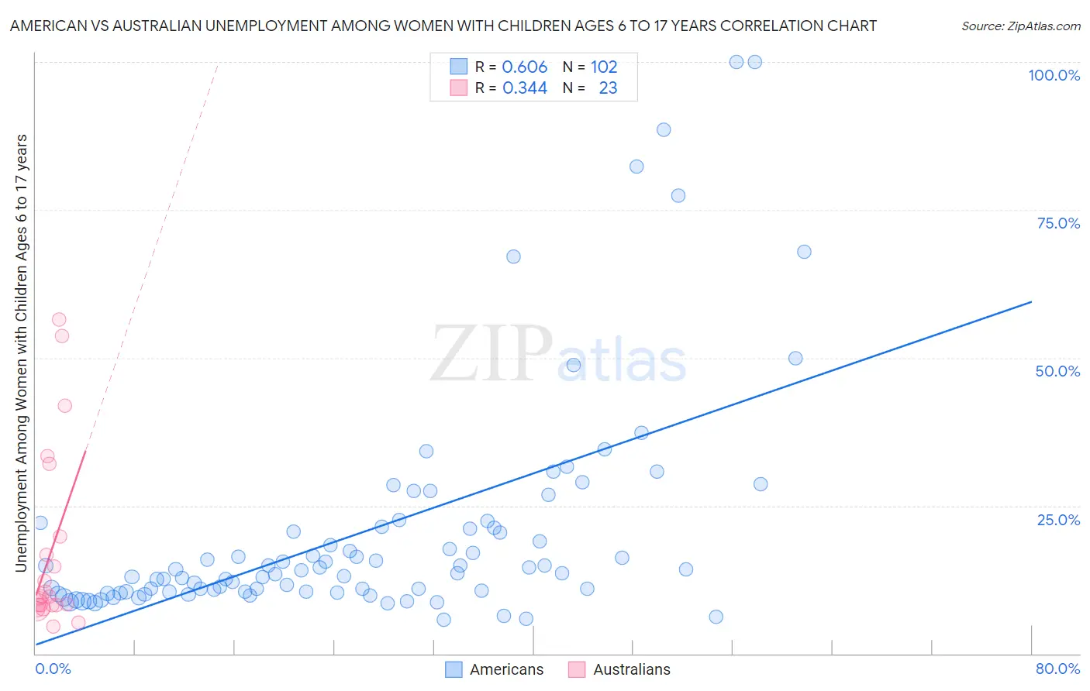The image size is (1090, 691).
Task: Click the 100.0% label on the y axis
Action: pyautogui.click(x=1054, y=75)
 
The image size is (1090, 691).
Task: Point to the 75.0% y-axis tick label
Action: pyautogui.click(x=1058, y=223)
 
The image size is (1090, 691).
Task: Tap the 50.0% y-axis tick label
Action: pyautogui.click(x=1057, y=371)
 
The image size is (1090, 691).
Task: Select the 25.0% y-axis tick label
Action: pyautogui.click(x=1058, y=520)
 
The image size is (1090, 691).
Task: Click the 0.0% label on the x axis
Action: pyautogui.click(x=53, y=669)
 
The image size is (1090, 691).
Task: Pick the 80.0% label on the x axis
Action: pyautogui.click(x=1057, y=669)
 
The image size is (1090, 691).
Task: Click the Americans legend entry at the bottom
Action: pyautogui.click(x=495, y=669)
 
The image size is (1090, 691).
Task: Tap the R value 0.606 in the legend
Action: pyautogui.click(x=525, y=67)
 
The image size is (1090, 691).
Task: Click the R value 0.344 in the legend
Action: pyautogui.click(x=525, y=88)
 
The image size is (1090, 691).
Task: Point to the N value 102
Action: pyautogui.click(x=604, y=67)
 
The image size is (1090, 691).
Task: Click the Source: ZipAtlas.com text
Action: pyautogui.click(x=1020, y=26)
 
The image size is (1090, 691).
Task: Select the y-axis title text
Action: pyautogui.click(x=21, y=353)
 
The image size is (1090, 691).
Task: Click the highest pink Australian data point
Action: pyautogui.click(x=59, y=319)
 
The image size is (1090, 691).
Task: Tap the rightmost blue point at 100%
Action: pyautogui.click(x=754, y=62)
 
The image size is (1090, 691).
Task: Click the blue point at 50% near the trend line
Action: pyautogui.click(x=795, y=358)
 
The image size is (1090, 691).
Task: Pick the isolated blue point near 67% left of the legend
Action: pyautogui.click(x=513, y=256)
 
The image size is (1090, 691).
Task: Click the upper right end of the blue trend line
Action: pyautogui.click(x=1031, y=301)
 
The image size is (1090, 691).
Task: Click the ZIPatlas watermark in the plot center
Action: pyautogui.click(x=558, y=355)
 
